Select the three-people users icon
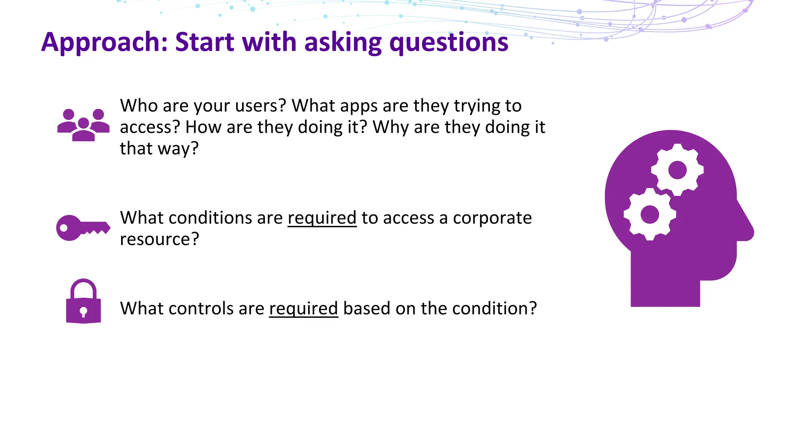click(x=83, y=125)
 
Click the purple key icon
click(x=82, y=228)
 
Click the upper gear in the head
click(x=677, y=170)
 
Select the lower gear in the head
click(x=650, y=214)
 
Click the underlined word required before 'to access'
click(x=322, y=218)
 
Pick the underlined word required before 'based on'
click(x=304, y=308)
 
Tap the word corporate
click(x=492, y=218)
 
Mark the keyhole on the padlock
click(x=83, y=311)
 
